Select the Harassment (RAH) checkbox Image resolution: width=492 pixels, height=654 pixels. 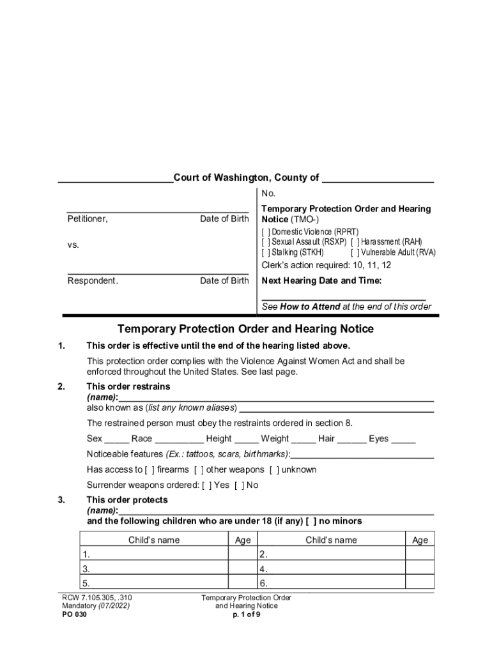click(355, 242)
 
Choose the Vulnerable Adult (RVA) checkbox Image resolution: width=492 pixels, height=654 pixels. click(355, 252)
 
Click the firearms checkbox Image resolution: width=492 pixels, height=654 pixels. click(150, 469)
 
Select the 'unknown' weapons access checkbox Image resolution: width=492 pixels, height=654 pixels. click(273, 469)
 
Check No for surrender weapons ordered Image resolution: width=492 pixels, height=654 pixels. click(238, 485)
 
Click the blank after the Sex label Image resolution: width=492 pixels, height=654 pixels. click(116, 439)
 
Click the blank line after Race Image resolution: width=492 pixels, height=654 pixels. click(179, 439)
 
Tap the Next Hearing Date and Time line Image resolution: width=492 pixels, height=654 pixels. click(343, 295)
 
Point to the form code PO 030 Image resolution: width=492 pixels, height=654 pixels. click(74, 614)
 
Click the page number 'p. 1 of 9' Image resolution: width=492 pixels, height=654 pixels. click(246, 614)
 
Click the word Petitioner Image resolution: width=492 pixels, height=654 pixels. click(88, 219)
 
